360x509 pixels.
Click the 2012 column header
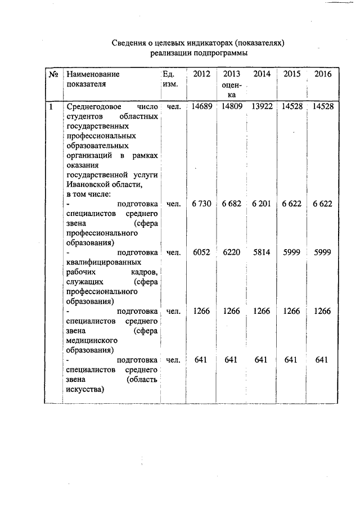(x=202, y=74)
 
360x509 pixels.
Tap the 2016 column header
(x=323, y=74)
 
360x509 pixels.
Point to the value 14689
(x=202, y=106)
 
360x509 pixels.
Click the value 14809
(x=232, y=106)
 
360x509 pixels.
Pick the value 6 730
(x=202, y=204)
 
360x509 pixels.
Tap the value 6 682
(x=232, y=204)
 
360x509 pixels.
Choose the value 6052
(x=202, y=253)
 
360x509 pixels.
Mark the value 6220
(x=232, y=253)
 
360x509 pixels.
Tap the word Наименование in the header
(x=93, y=74)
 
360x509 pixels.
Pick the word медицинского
(x=92, y=340)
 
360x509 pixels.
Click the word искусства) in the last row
(x=85, y=389)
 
